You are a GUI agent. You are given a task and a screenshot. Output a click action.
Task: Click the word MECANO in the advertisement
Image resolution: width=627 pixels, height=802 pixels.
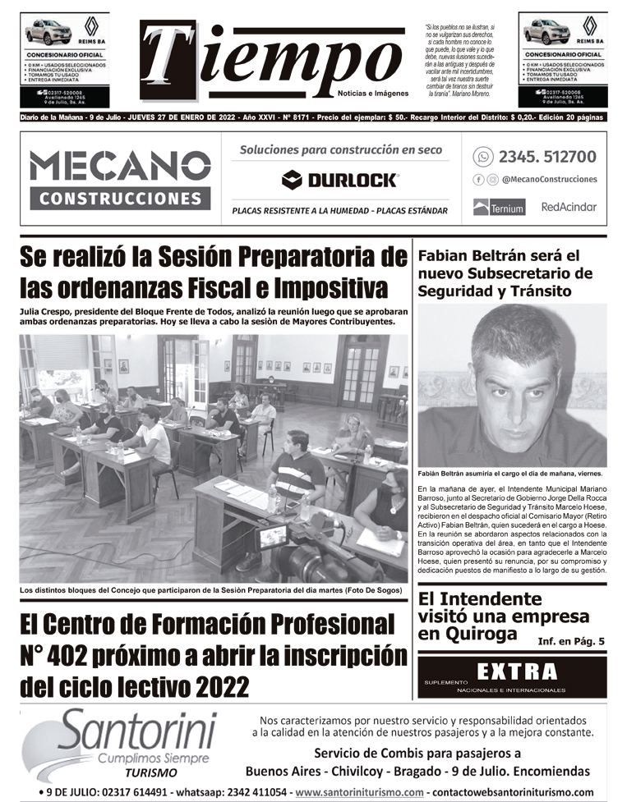[x=120, y=167]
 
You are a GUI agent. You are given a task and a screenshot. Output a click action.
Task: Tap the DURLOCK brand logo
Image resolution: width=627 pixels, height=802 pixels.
[x=339, y=180]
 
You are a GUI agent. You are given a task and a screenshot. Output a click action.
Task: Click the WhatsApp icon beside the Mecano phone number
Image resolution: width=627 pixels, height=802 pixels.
[x=483, y=156]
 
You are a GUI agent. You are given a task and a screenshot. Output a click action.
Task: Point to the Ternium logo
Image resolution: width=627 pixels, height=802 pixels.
[x=499, y=208]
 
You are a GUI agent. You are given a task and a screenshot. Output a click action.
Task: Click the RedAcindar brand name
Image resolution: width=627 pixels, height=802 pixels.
[x=569, y=207]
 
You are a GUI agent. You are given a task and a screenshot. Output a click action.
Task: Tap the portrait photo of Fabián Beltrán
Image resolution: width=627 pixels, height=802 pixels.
[x=512, y=385]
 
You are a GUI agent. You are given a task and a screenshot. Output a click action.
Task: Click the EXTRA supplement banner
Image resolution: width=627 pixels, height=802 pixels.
[x=512, y=676]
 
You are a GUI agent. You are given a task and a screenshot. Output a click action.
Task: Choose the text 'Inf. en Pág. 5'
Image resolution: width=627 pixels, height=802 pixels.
[x=571, y=640]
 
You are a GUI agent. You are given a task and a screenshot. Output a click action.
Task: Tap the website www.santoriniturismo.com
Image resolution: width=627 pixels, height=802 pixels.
[x=359, y=792]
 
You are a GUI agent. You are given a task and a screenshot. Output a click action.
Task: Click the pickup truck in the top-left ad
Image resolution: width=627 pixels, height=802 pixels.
[x=48, y=32]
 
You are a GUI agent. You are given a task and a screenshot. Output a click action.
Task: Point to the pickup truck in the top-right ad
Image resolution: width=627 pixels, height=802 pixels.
[x=546, y=32]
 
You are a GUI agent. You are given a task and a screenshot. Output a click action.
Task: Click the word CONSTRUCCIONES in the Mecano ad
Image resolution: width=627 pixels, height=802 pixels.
[x=120, y=198]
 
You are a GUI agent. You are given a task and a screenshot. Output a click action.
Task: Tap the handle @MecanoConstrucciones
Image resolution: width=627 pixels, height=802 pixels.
[x=549, y=180]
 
